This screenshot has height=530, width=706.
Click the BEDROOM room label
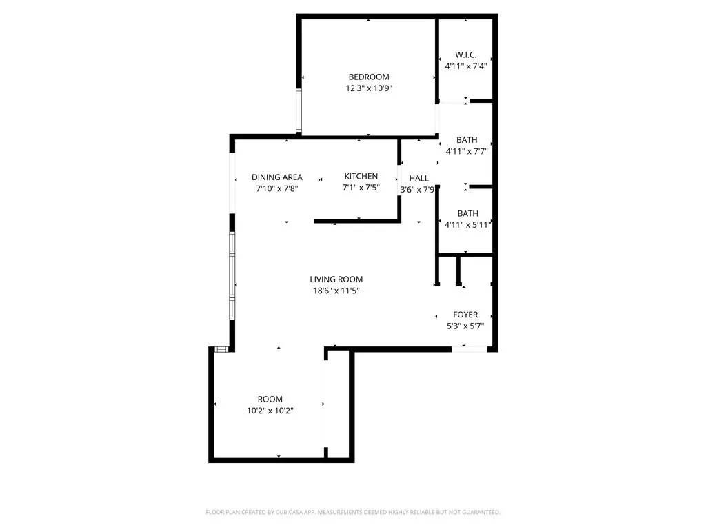click(369, 77)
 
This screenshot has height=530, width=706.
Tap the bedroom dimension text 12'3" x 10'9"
click(369, 88)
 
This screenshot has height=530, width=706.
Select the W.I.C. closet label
click(466, 55)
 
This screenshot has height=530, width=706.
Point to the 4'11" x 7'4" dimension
click(466, 66)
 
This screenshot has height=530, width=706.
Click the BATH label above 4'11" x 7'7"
click(467, 140)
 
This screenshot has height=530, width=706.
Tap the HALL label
click(419, 178)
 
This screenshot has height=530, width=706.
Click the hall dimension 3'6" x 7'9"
click(418, 189)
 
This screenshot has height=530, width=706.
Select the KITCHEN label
click(361, 177)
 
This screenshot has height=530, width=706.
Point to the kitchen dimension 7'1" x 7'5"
click(361, 188)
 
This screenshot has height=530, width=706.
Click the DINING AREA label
click(277, 177)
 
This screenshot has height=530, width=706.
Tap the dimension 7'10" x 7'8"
click(277, 188)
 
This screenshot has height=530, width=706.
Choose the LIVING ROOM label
click(336, 279)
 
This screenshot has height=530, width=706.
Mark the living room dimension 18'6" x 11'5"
click(336, 291)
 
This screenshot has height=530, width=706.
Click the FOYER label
click(465, 315)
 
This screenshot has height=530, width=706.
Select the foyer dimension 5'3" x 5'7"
click(465, 326)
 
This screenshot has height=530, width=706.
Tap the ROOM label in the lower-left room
click(270, 399)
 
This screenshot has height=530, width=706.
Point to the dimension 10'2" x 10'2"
click(270, 411)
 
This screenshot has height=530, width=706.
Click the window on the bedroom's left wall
click(299, 110)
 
